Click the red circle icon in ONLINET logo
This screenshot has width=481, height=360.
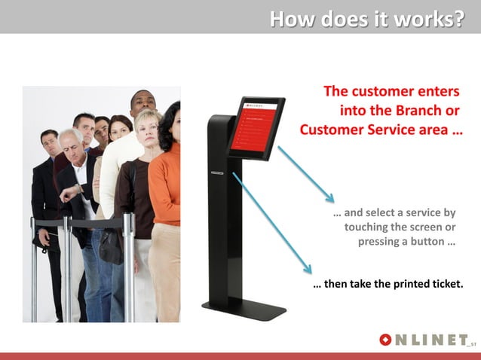pos(386,340)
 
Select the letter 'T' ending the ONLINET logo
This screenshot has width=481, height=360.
pos(461,340)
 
